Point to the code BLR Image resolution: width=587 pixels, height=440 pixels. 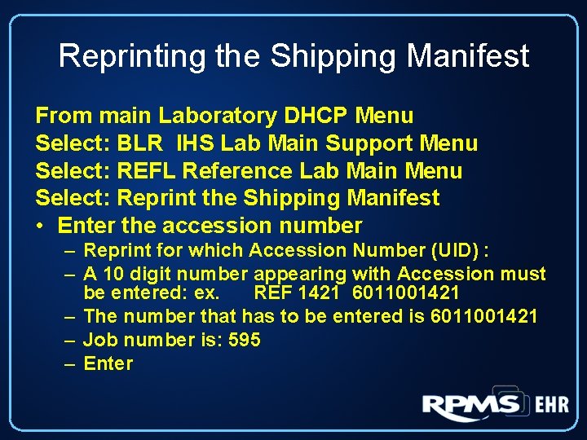pyautogui.click(x=141, y=143)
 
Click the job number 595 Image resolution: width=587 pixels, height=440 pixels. pyautogui.click(x=244, y=340)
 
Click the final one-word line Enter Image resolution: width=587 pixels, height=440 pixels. pyautogui.click(x=108, y=363)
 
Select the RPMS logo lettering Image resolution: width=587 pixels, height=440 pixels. pyautogui.click(x=471, y=405)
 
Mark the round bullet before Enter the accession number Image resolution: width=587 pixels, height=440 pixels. pyautogui.click(x=42, y=226)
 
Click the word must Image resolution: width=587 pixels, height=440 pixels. pyautogui.click(x=523, y=275)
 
